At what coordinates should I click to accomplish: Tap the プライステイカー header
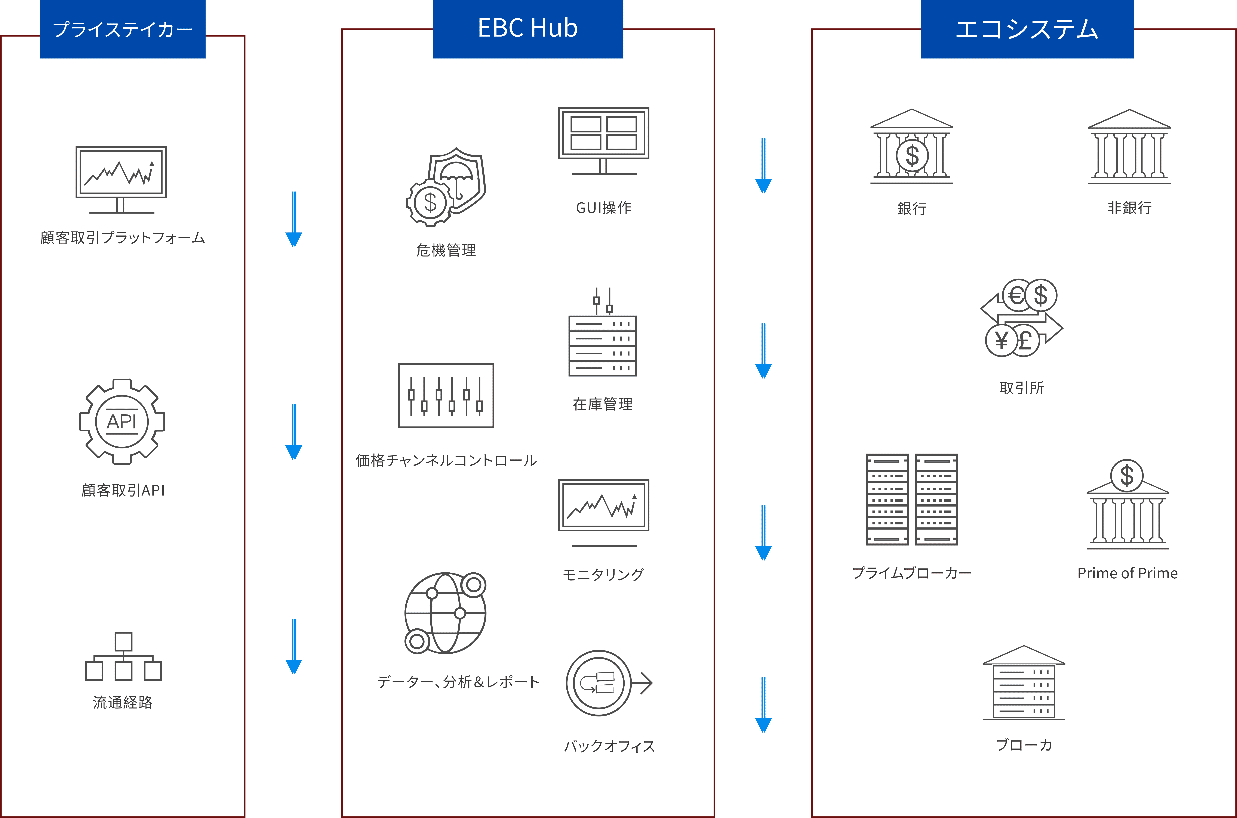pos(123,29)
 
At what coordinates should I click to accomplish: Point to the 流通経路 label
pos(123,702)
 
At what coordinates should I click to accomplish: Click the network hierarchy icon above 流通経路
pos(123,656)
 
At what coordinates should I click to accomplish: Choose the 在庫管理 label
pos(603,404)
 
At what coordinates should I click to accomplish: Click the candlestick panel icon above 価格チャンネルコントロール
pos(446,395)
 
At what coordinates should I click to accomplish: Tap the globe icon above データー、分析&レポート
pos(445,613)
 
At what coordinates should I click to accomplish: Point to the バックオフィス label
pos(609,746)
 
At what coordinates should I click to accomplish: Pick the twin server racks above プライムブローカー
pos(912,499)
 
